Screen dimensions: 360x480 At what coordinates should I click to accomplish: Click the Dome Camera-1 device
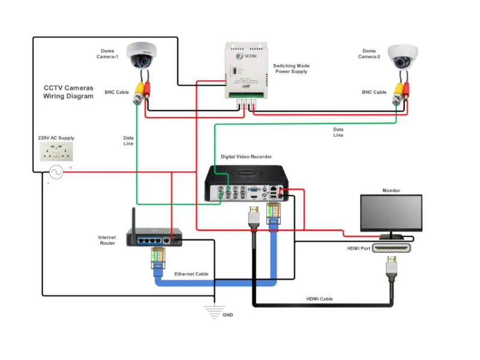point(142,55)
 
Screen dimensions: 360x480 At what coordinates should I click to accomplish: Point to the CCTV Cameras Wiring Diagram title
point(68,92)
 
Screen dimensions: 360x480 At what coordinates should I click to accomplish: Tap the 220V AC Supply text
point(56,138)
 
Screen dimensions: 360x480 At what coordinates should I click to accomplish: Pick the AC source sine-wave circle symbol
point(56,173)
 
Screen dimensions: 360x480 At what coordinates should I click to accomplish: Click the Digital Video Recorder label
point(246,157)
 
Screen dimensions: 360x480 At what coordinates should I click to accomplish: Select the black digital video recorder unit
point(246,183)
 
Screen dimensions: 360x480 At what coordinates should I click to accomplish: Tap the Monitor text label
point(391,191)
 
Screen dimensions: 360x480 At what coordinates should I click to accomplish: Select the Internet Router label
point(107,240)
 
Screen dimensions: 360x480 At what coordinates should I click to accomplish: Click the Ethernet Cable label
point(191,274)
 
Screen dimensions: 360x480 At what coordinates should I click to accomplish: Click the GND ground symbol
point(214,310)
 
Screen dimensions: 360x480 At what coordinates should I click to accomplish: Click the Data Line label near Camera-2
point(338,132)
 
